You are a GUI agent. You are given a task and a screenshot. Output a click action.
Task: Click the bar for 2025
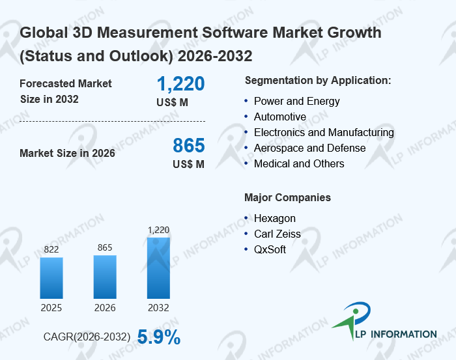[51, 278]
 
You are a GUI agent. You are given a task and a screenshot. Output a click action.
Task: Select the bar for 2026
[105, 277]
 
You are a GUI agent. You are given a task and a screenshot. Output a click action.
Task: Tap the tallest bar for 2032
[158, 268]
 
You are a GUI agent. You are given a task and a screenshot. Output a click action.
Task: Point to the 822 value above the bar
[51, 249]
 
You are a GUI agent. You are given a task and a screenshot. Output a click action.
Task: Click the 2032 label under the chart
[158, 308]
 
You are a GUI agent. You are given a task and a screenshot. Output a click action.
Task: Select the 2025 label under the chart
[51, 308]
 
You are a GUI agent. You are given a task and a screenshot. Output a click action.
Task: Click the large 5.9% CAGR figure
[159, 337]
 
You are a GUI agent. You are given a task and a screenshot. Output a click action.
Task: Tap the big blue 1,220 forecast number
[180, 84]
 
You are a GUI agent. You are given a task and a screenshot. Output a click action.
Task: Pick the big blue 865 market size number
[188, 145]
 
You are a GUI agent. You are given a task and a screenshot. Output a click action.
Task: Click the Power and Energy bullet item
[296, 101]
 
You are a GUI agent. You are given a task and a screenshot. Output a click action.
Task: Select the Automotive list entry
[279, 117]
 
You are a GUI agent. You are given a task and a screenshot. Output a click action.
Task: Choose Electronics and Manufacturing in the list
[324, 132]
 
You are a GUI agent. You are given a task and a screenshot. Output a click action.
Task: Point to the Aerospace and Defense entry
[309, 148]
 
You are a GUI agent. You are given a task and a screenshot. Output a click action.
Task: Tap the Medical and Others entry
[299, 163]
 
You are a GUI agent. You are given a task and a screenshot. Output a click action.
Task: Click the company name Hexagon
[274, 218]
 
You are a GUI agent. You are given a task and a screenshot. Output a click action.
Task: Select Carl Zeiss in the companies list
[278, 234]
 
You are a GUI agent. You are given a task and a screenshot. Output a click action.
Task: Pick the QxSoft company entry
[270, 249]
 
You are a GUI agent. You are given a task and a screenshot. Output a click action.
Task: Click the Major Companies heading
[287, 197]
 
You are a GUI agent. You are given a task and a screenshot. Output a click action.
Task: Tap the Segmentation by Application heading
[317, 80]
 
